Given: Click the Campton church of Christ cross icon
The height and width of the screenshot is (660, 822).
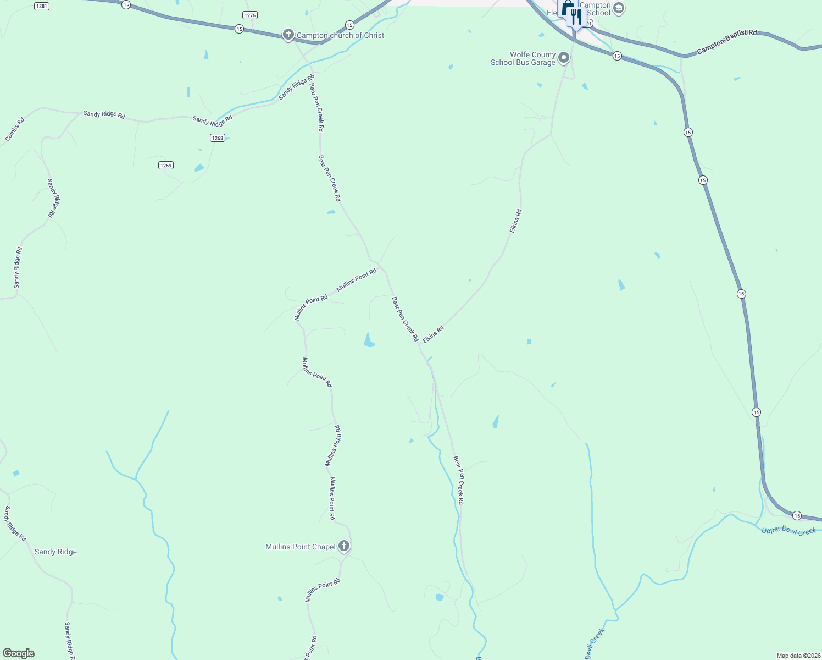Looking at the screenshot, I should [288, 35].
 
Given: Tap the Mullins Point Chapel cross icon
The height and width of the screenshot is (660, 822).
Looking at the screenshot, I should [344, 546].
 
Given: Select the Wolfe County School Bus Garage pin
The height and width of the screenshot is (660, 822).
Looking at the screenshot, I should [564, 58].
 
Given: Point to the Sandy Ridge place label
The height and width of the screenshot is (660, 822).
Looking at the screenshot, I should [55, 552].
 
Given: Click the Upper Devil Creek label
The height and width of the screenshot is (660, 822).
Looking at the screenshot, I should [788, 531].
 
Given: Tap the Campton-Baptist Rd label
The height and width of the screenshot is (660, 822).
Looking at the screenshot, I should [726, 42].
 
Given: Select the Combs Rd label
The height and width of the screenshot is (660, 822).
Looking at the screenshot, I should [15, 129].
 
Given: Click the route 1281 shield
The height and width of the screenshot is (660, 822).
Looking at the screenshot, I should [41, 5].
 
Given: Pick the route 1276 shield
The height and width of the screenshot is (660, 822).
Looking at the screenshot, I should [250, 15].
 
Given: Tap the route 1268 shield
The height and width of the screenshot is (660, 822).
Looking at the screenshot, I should [218, 137].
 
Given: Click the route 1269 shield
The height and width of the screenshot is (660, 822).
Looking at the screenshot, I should [166, 165].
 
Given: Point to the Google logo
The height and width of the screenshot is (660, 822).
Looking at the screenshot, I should [19, 653].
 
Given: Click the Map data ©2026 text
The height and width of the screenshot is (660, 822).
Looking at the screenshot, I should [798, 656].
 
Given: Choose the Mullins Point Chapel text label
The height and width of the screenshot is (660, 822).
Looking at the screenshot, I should [300, 547].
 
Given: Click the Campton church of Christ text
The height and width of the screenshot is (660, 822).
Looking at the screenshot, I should [340, 35].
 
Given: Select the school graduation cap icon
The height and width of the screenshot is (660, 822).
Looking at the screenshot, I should [618, 8].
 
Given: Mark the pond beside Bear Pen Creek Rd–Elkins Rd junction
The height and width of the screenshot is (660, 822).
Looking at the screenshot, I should [369, 340].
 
